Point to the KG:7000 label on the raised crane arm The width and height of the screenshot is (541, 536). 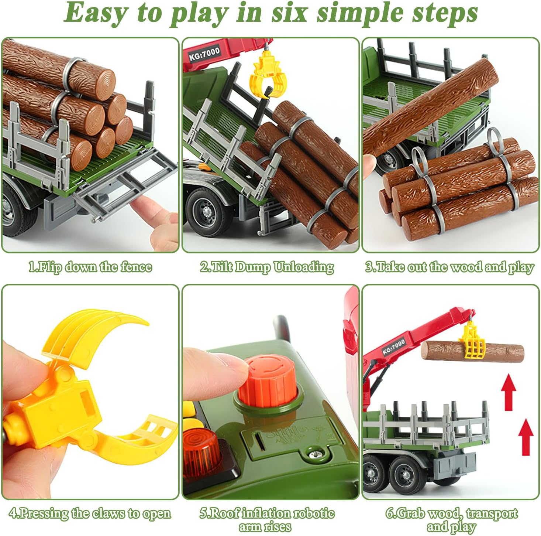394,346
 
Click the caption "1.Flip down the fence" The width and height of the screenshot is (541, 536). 90,267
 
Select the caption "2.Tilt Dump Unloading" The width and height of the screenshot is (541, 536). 267,267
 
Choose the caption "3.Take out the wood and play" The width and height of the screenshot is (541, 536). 450,267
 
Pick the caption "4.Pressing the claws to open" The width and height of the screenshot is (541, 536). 90,513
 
